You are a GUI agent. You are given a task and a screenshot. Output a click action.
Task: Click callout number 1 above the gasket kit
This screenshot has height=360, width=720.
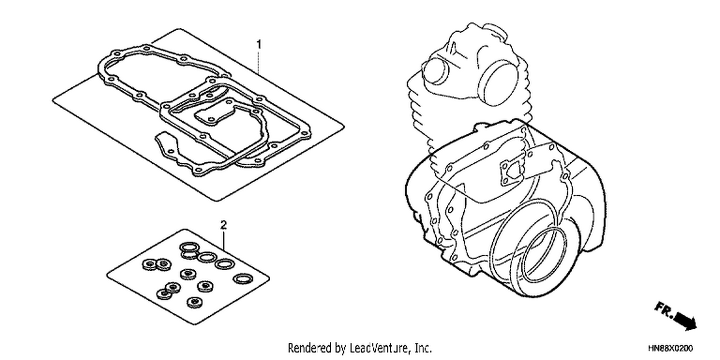[259, 44]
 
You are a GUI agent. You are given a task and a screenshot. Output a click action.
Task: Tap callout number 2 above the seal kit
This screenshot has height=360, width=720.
[224, 225]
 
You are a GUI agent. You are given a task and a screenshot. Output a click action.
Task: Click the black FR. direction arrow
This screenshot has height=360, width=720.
[685, 322]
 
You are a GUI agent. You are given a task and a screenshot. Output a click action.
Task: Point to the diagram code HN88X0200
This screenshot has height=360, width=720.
[670, 348]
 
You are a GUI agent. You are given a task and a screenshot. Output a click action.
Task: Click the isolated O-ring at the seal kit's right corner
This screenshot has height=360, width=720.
[242, 278]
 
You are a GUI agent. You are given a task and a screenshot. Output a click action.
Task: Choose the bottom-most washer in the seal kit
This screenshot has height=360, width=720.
[194, 302]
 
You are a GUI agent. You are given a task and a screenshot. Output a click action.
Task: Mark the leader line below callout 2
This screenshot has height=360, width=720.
[224, 240]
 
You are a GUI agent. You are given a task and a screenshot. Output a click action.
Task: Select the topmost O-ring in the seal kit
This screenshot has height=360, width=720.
[189, 247]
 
